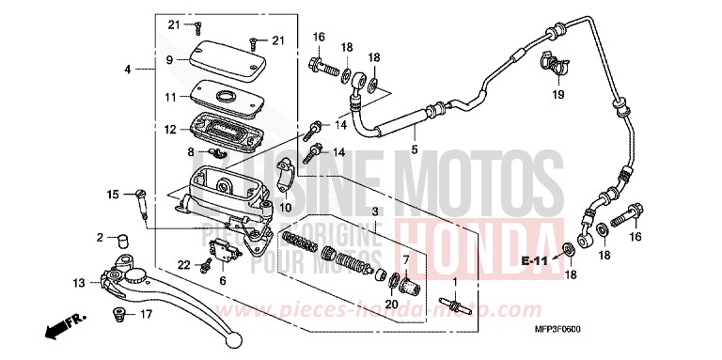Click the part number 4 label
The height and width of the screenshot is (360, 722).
click(x=127, y=69)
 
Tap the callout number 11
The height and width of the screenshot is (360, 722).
click(x=170, y=97)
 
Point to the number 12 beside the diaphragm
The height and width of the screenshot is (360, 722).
click(x=170, y=130)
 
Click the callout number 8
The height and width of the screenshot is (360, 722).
click(x=191, y=151)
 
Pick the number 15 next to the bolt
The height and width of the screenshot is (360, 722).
click(x=112, y=195)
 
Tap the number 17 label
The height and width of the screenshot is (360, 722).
click(x=146, y=314)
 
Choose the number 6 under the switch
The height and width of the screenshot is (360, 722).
click(x=222, y=280)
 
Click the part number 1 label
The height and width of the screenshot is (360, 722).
click(x=456, y=281)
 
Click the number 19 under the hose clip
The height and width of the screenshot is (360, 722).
click(x=556, y=95)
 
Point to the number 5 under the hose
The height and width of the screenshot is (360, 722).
click(x=414, y=149)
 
